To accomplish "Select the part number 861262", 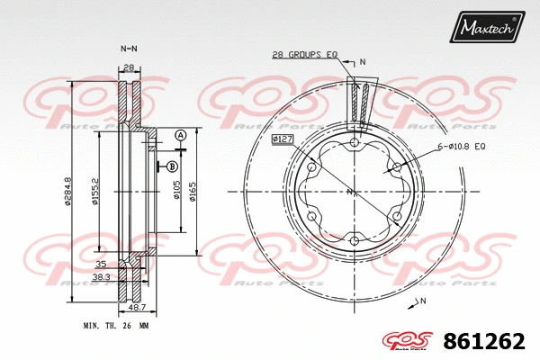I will point(483,341).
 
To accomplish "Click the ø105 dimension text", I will point(177,192).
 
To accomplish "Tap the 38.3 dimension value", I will point(102,277).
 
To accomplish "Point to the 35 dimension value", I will point(100,265).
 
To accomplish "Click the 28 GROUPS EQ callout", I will point(304,55).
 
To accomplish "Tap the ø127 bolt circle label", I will point(283,139).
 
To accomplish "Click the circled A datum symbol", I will point(180,135).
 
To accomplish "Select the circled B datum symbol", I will point(171,166).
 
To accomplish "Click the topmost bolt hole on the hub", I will point(355,143).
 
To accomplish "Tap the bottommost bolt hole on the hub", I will point(355,239).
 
